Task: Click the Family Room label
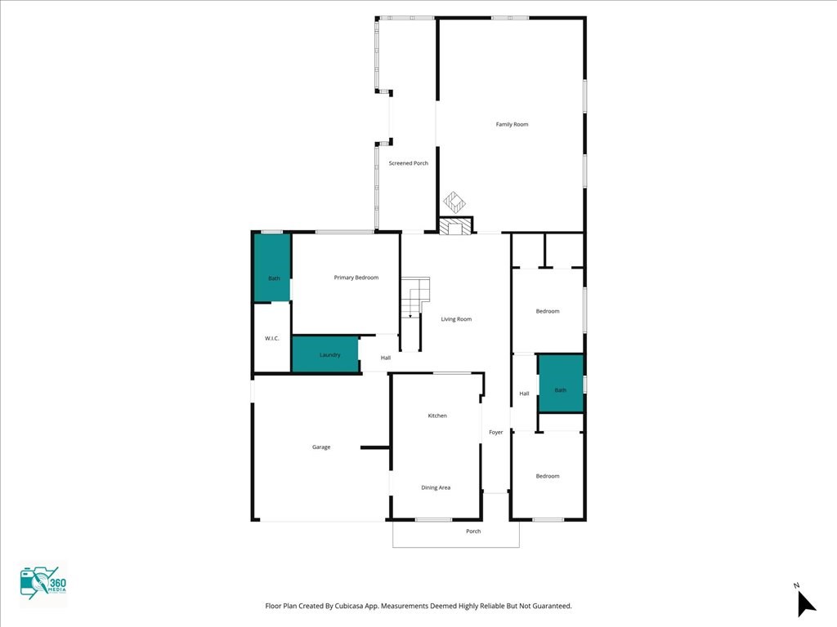pos(512,124)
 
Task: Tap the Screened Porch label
pos(409,163)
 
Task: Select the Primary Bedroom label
pos(356,278)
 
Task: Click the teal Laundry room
pos(325,354)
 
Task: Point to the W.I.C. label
pos(271,339)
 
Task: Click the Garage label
pos(321,447)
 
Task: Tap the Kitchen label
pos(437,416)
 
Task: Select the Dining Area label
pos(436,487)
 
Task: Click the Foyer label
pos(496,433)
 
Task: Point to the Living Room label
pos(456,319)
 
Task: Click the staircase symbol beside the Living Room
pos(414,297)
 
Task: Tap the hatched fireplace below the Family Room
pos(456,225)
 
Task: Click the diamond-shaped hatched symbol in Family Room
pos(454,202)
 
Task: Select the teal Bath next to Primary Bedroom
pos(271,268)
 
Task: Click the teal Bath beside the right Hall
pos(561,384)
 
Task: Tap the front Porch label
pos(473,531)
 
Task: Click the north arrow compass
pos(805,602)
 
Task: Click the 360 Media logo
pos(43,584)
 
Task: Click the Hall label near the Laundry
pos(386,358)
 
